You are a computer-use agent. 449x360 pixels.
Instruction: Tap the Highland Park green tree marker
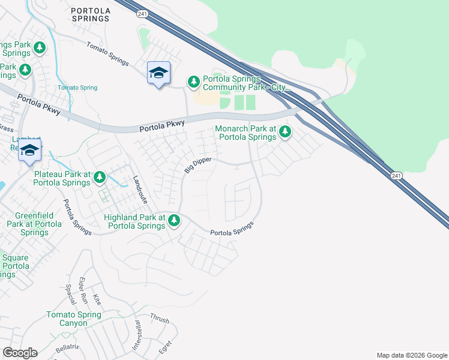174,220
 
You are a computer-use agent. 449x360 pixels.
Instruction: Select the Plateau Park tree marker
100,177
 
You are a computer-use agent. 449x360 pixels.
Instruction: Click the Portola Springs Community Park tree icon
193,81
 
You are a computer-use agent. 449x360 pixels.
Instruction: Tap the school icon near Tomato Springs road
158,73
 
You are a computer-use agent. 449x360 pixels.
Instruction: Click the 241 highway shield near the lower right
394,175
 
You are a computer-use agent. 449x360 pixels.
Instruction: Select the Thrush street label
160,318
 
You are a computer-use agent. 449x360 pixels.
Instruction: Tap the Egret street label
166,347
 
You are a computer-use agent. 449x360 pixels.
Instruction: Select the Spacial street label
68,293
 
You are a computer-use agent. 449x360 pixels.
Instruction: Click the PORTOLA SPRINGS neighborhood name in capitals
90,14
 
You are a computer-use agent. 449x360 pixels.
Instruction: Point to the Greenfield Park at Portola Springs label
34,224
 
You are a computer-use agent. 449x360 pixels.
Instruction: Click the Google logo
20,353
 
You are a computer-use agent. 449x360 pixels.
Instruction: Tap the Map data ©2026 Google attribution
411,355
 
